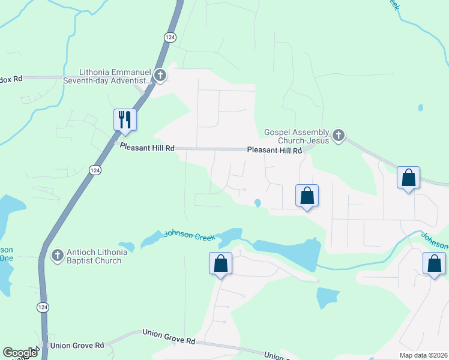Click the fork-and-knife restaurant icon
(125, 119)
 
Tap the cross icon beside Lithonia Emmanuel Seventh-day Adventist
(160, 76)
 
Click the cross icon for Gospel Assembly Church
(338, 136)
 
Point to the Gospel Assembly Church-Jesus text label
(297, 136)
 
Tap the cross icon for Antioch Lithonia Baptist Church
(58, 256)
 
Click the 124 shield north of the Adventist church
(170, 37)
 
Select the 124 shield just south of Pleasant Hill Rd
(95, 170)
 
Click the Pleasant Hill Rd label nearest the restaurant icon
(147, 147)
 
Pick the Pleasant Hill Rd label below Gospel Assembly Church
(274, 151)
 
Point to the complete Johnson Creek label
(190, 235)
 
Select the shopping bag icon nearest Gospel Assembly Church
(307, 196)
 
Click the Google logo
(20, 353)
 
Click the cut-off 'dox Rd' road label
(11, 79)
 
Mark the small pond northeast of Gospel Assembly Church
(420, 109)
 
